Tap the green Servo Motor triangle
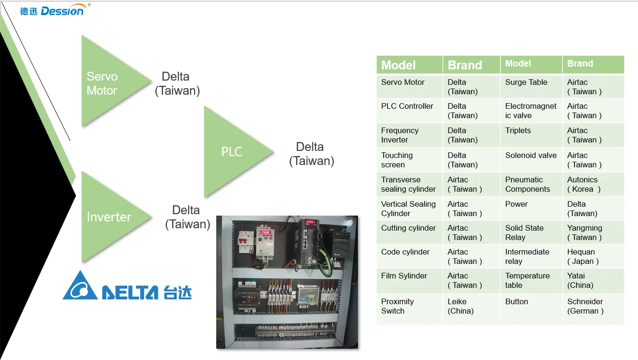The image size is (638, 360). (111, 81)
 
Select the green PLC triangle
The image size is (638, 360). (234, 152)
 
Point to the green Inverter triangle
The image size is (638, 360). (111, 217)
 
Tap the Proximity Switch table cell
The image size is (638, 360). (410, 309)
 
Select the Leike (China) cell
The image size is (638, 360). (471, 309)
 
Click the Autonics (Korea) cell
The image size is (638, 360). (593, 184)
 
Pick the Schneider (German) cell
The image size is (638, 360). (593, 309)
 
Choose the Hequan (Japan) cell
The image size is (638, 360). (593, 256)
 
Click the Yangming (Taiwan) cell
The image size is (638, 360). (593, 232)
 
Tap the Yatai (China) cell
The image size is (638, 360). (593, 281)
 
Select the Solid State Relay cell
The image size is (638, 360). (531, 232)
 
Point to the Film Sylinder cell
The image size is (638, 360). (410, 281)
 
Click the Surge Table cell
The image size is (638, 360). (531, 86)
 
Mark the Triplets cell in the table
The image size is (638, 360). (531, 135)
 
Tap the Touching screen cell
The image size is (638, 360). (410, 160)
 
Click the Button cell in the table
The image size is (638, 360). (531, 309)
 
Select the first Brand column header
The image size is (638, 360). (471, 65)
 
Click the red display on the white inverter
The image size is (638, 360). (266, 232)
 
